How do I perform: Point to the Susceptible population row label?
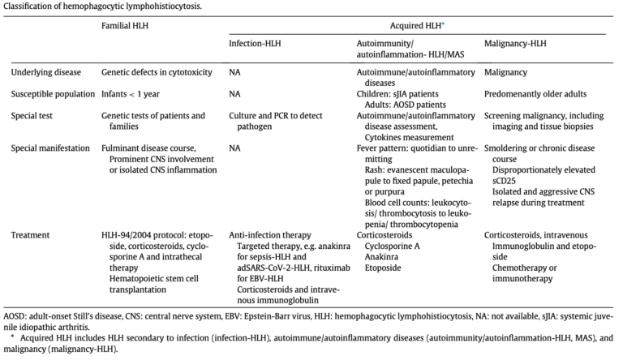click(x=53, y=94)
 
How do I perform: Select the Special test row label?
click(x=34, y=116)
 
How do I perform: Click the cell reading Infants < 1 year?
click(x=131, y=94)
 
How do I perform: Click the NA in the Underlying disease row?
click(x=235, y=72)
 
